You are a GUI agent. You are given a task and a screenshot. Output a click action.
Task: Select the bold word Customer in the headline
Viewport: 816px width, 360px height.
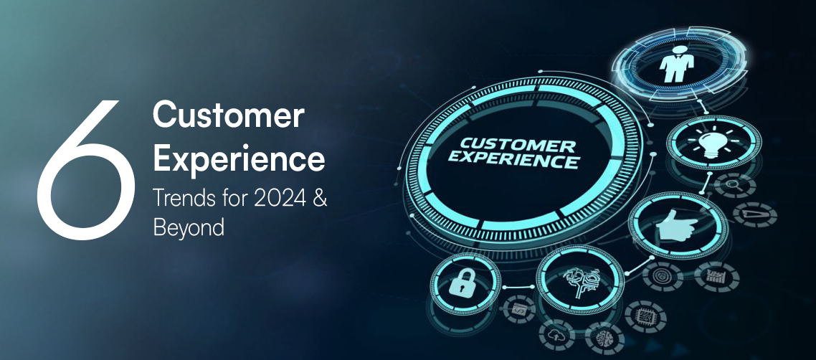[229, 117]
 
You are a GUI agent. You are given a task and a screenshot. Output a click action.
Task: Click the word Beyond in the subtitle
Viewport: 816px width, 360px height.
[189, 227]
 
